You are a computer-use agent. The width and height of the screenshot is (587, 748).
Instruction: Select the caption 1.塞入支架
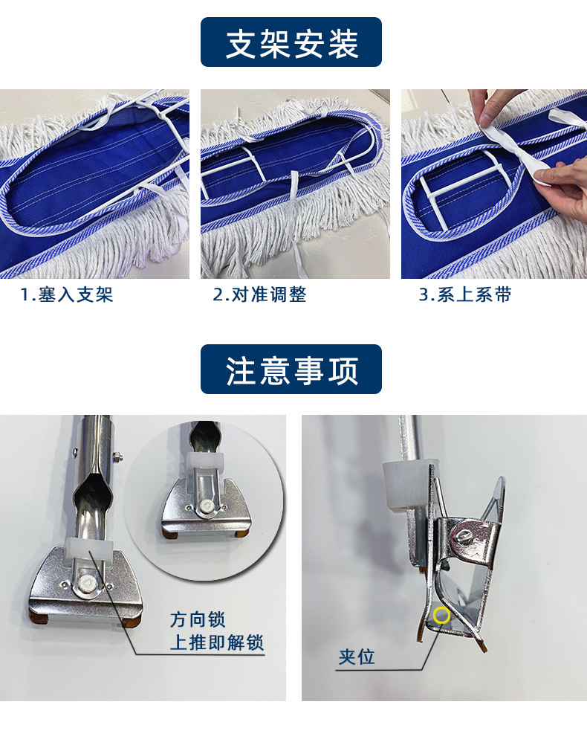coord(67,295)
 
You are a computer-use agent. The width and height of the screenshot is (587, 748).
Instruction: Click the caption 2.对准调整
coord(259,295)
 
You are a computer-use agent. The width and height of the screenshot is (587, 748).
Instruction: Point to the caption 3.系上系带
coord(465,295)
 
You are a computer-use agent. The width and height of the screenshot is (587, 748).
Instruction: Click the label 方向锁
coord(197,619)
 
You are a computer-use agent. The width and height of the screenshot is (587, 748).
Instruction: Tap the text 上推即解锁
coord(216,642)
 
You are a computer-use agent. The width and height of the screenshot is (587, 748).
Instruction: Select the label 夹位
coord(357,657)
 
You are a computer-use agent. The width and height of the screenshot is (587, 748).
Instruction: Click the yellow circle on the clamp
coord(441,615)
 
